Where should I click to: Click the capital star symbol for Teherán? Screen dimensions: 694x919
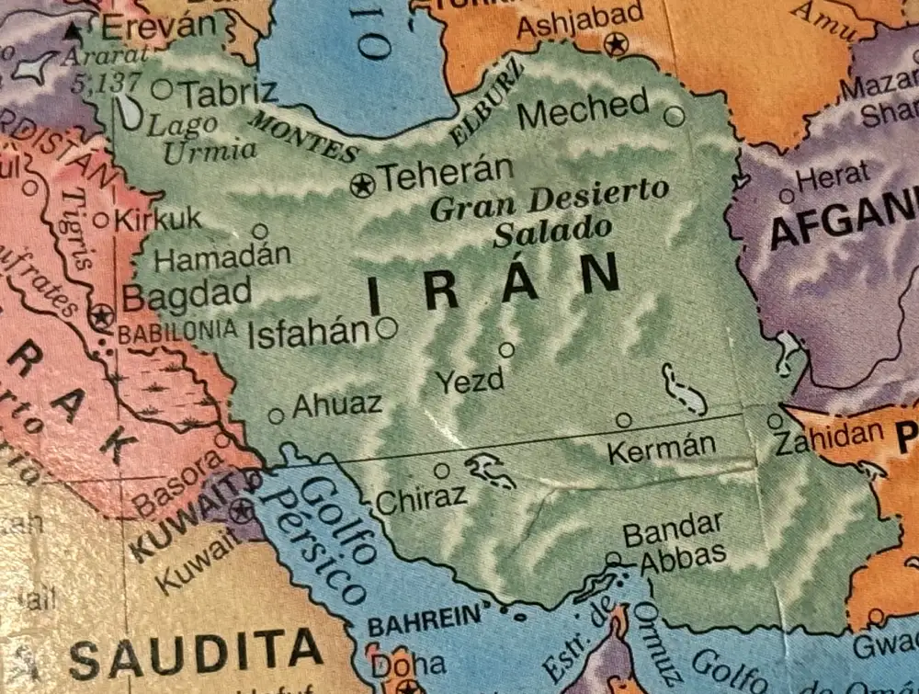tap(363, 185)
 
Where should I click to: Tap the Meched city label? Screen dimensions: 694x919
tap(583, 110)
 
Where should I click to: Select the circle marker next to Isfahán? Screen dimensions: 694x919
tap(387, 327)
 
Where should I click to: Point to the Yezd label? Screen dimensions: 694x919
tap(470, 381)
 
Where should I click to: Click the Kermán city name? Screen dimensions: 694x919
tap(661, 448)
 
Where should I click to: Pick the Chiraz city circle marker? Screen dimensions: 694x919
tap(442, 471)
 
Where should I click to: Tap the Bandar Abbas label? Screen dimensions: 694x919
tap(674, 543)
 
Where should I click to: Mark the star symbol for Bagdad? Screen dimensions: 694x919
tap(101, 317)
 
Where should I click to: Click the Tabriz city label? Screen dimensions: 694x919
tap(227, 92)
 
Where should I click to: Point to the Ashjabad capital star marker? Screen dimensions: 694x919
tap(615, 43)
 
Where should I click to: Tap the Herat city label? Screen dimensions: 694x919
tap(833, 176)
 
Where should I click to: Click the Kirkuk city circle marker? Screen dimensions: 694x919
tap(101, 220)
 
